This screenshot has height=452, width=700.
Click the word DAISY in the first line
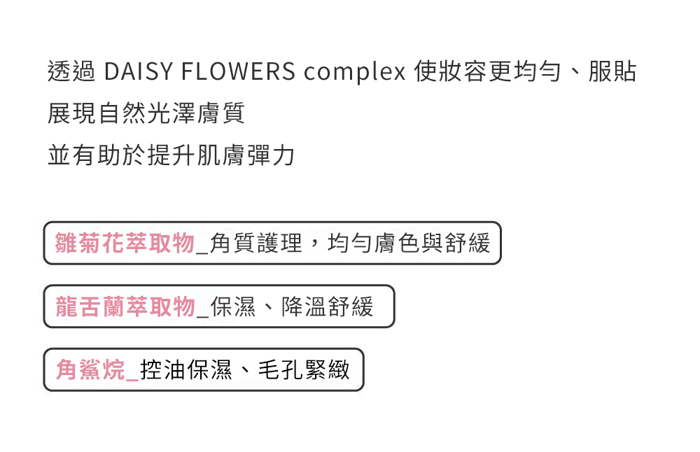138,71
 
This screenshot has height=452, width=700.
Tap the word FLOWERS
238,71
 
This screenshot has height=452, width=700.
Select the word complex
355,72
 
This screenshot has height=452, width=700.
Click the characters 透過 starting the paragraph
71,71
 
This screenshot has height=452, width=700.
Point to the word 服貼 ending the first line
612,71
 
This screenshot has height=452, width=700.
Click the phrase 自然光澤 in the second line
146,113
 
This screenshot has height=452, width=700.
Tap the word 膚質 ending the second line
221,113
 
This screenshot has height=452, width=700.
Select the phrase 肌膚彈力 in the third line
246,155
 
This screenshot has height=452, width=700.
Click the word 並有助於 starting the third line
97,155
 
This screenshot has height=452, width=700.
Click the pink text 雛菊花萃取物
125,243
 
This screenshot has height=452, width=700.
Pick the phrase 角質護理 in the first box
256,243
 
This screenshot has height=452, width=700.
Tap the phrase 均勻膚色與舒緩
409,243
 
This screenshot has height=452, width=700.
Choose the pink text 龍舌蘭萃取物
125,306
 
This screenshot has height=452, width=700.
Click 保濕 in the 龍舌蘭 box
233,306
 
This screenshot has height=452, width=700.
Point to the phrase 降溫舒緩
327,306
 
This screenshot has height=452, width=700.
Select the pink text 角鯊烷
90,370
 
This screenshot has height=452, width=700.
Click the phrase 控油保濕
186,370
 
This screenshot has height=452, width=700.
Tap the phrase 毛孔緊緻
304,370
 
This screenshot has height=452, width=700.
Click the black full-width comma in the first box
315,243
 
